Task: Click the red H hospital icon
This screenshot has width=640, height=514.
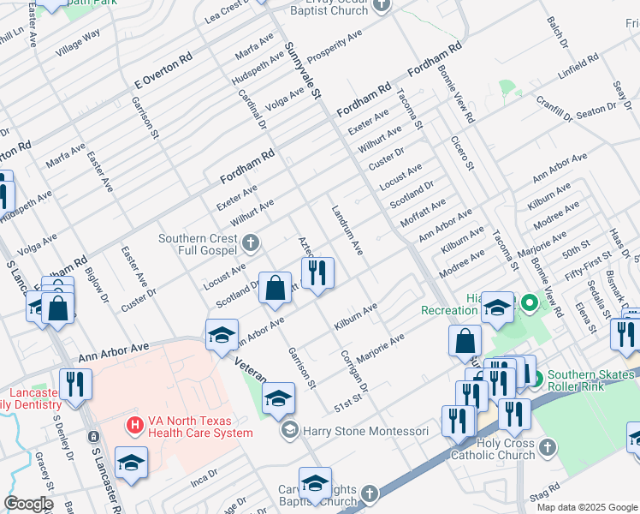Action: (x=134, y=424)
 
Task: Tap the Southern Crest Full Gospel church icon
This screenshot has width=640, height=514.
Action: (x=251, y=243)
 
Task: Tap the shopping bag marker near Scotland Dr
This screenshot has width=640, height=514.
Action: (x=276, y=290)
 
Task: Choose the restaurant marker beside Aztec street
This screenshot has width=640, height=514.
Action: (x=317, y=274)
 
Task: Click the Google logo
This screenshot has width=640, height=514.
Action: (x=28, y=504)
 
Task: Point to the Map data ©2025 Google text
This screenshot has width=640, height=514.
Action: (x=587, y=507)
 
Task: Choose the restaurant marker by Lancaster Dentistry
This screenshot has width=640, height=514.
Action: (x=77, y=385)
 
